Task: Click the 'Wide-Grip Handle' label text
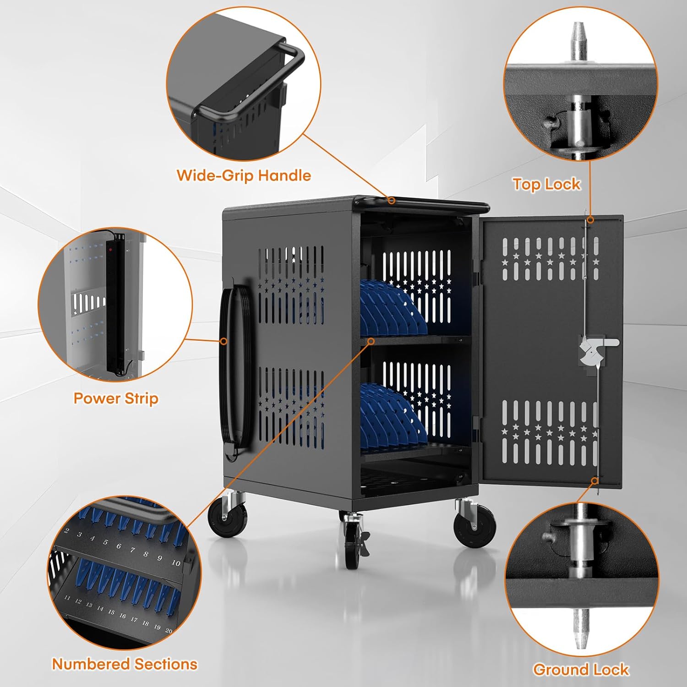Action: [244, 175]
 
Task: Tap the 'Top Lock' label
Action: [546, 184]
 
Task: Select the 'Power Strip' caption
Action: [116, 398]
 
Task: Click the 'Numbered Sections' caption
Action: [125, 664]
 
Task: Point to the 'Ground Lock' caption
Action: [581, 670]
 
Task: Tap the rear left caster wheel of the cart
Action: [227, 518]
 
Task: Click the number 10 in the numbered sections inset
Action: [176, 563]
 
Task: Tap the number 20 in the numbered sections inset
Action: [169, 631]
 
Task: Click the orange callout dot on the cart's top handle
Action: [392, 201]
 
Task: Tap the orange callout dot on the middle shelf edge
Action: [371, 341]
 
